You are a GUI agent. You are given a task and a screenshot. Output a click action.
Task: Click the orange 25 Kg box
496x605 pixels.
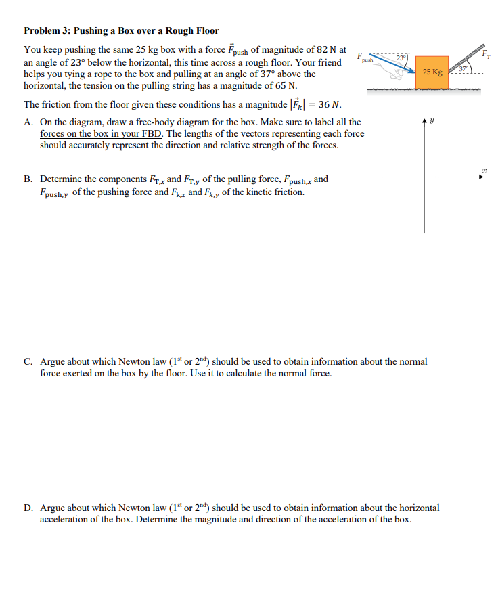[x=432, y=72]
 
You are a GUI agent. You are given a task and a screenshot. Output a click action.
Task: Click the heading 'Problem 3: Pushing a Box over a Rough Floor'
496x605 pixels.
[x=121, y=30]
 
